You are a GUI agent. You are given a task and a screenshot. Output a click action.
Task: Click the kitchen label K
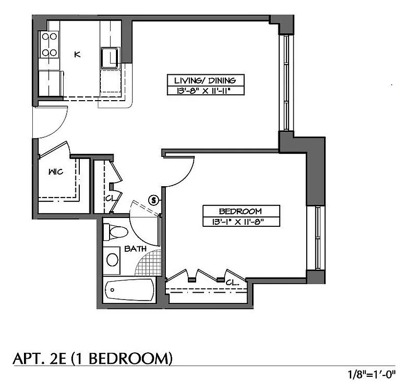[77, 54]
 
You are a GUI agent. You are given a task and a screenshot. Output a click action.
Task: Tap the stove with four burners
[49, 44]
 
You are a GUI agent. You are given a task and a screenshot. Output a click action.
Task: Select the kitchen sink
[110, 58]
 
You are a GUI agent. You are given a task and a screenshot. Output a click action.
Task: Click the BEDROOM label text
[240, 211]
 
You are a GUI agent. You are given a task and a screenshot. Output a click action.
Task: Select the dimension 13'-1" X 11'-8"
[241, 221]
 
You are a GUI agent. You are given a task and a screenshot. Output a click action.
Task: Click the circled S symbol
[154, 199]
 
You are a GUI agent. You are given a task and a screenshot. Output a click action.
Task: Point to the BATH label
[135, 249]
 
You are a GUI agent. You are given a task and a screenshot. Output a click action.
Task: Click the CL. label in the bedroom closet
[232, 282]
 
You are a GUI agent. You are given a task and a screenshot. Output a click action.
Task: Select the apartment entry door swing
[49, 122]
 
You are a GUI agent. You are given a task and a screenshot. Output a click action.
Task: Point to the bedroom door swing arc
[183, 174]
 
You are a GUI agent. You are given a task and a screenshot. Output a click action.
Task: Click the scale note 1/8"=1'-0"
[371, 376]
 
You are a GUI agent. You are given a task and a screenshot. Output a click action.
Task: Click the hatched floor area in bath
[150, 264]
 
